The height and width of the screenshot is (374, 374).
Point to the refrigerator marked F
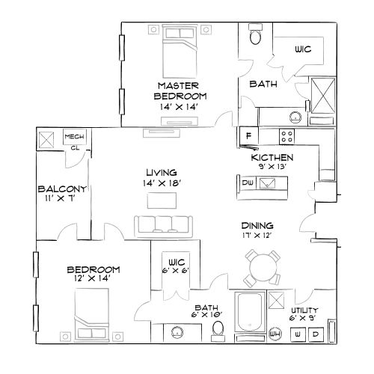[x=247, y=136]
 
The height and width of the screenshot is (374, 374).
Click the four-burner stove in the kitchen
[x=286, y=136]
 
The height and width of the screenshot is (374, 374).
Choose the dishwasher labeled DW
[x=248, y=183]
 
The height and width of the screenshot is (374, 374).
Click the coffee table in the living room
[x=162, y=200]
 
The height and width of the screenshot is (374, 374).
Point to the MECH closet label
[x=73, y=137]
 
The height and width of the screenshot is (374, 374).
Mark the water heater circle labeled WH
[x=275, y=334]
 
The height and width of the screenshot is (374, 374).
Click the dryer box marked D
[x=316, y=334]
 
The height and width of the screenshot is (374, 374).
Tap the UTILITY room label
[x=304, y=310]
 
